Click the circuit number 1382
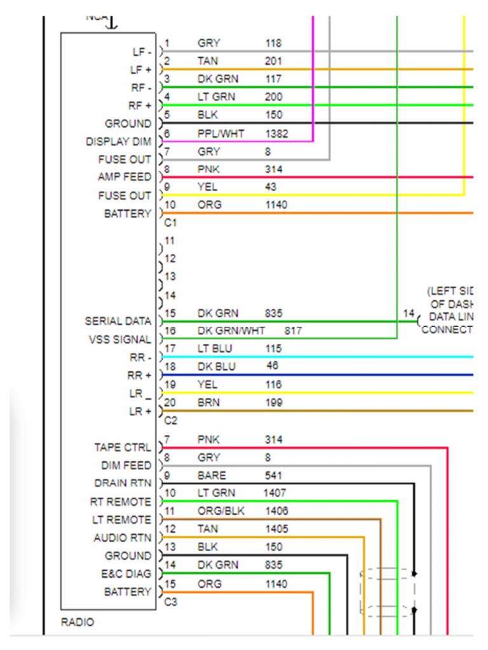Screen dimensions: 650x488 click(276, 133)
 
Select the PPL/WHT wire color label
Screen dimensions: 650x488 click(220, 133)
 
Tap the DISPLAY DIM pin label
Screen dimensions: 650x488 click(119, 142)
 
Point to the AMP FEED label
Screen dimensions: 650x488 click(125, 176)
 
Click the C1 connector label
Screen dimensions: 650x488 click(170, 223)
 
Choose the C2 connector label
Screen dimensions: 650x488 click(170, 420)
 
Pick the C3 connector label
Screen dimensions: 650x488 click(170, 601)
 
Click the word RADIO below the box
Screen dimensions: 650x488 click(77, 622)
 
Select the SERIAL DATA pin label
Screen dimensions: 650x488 click(118, 321)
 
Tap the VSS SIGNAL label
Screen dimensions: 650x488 click(120, 340)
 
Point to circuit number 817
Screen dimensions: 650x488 click(293, 331)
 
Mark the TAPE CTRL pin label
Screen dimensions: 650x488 click(123, 448)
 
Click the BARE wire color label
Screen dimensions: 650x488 click(211, 475)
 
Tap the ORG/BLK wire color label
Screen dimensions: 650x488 click(220, 510)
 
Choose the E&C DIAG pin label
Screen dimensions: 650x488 click(126, 574)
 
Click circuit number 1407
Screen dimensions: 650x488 click(275, 493)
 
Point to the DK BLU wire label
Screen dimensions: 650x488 click(216, 366)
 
